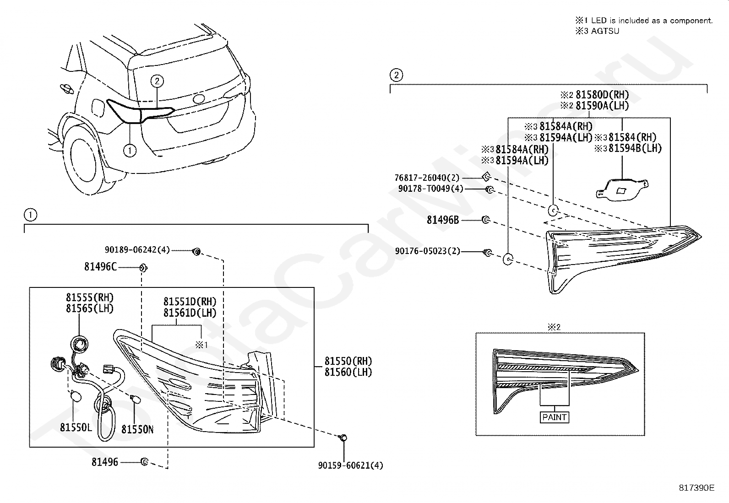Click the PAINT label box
(554, 417)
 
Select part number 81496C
(100, 266)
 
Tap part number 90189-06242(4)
(137, 250)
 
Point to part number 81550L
(76, 427)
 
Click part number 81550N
(137, 429)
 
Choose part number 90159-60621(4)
(350, 465)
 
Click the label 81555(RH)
(90, 297)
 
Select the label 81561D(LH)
(190, 313)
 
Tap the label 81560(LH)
(348, 372)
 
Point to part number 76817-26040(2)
(427, 178)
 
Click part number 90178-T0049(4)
(430, 189)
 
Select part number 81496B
(443, 220)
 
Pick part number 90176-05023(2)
(428, 251)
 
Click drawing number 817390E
(696, 488)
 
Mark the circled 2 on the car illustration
(157, 81)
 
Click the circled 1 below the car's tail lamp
(130, 150)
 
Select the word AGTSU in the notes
(604, 31)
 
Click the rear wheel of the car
(82, 162)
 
